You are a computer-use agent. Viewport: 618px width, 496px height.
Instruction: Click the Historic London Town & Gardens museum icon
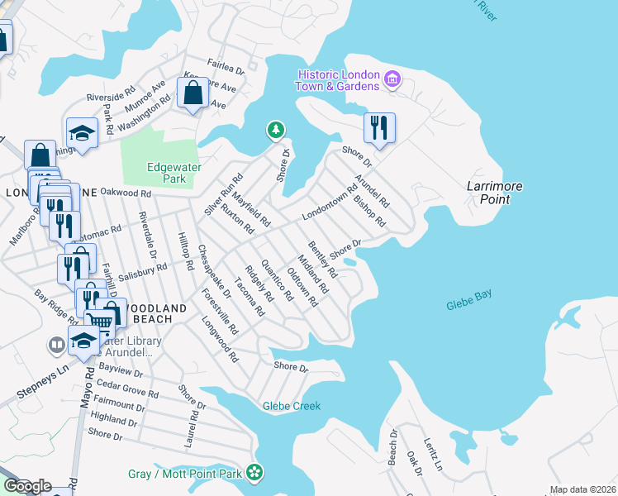(x=392, y=80)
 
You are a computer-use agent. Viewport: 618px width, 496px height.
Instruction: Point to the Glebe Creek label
(x=291, y=406)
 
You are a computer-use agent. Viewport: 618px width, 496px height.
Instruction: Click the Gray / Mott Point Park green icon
(x=255, y=473)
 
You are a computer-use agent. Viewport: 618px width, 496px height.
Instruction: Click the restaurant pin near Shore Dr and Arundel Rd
(x=379, y=127)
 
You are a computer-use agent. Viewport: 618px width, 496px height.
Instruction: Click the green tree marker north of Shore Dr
(x=275, y=130)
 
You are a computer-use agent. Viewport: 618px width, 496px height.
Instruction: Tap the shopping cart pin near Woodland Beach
(x=98, y=322)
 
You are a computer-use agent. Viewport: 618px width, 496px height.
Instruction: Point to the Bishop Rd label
(x=369, y=211)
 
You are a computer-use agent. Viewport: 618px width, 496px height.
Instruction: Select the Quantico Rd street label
(x=277, y=279)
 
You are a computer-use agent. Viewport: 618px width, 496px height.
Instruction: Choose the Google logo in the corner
(x=26, y=486)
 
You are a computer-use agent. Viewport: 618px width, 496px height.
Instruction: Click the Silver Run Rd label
(x=224, y=194)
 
